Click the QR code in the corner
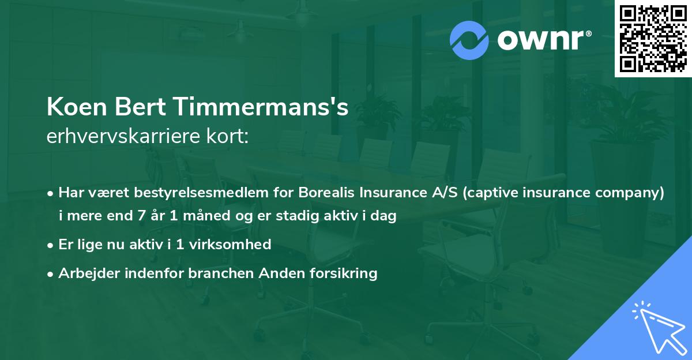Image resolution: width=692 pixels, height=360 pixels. [x=653, y=39]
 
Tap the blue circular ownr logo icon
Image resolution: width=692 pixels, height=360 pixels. [x=469, y=40]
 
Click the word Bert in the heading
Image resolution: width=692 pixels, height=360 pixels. [x=144, y=108]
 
